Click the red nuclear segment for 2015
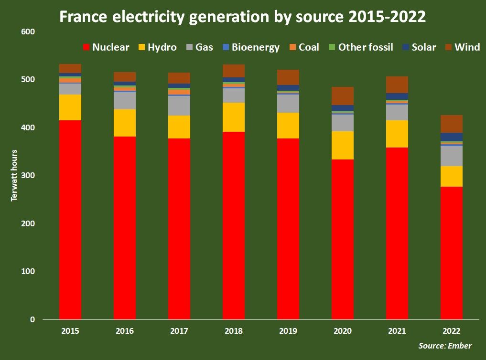pyautogui.click(x=70, y=220)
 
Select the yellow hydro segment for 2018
pyautogui.click(x=234, y=117)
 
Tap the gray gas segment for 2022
pyautogui.click(x=452, y=156)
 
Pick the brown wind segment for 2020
pyautogui.click(x=343, y=96)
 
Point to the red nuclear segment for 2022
pyautogui.click(x=452, y=253)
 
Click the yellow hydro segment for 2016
pyautogui.click(x=125, y=123)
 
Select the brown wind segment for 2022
pyautogui.click(x=452, y=124)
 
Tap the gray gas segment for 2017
pyautogui.click(x=179, y=106)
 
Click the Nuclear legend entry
pyautogui.click(x=106, y=47)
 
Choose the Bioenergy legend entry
pyautogui.click(x=250, y=47)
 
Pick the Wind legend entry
pyautogui.click(x=462, y=47)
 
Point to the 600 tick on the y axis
pyautogui.click(x=28, y=32)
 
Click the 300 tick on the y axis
pyautogui.click(x=28, y=176)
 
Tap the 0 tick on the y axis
pyautogui.click(x=32, y=319)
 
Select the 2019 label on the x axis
pyautogui.click(x=288, y=331)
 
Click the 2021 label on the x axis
pyautogui.click(x=397, y=331)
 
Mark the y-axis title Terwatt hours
pyautogui.click(x=14, y=176)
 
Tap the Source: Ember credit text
pyautogui.click(x=445, y=346)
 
